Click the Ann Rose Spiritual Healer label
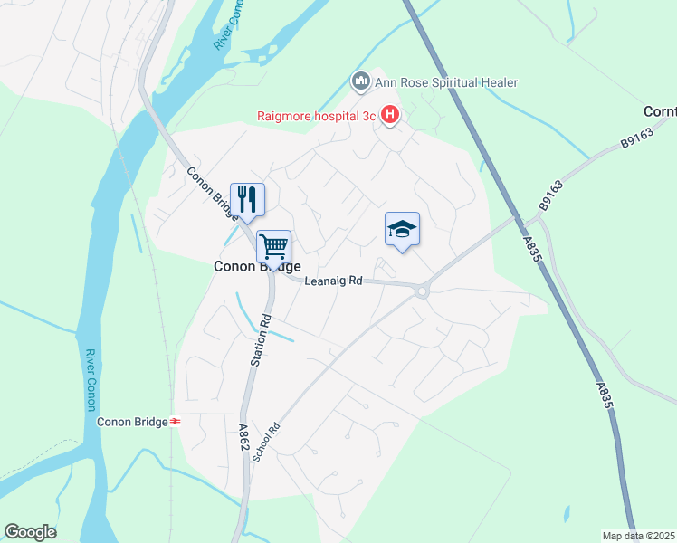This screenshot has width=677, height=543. (446, 83)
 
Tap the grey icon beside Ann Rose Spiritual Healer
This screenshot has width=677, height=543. (360, 83)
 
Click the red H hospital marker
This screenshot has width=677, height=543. (390, 115)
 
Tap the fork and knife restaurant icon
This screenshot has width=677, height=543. (247, 199)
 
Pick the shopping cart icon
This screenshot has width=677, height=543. (273, 246)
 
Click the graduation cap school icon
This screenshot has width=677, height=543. (402, 229)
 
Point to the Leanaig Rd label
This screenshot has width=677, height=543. (333, 281)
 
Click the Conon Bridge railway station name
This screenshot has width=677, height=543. (132, 422)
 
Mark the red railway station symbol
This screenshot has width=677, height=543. (176, 422)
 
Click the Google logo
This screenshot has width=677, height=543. (30, 532)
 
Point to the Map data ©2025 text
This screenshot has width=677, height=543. (637, 536)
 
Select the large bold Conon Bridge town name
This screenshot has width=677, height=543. (244, 267)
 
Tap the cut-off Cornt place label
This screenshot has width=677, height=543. (659, 111)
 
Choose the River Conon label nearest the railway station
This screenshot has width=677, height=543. (91, 381)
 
